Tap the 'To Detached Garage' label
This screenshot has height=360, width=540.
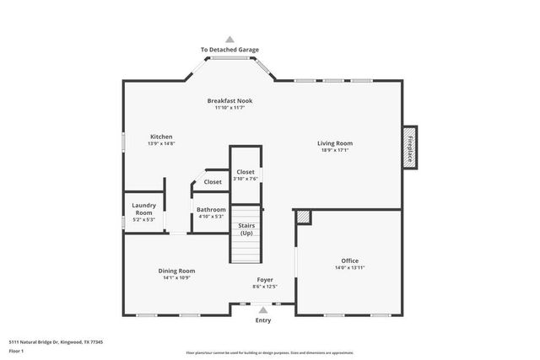tap(229, 51)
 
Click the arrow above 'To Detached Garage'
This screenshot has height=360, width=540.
tap(229, 39)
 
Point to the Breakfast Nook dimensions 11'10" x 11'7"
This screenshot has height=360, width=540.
tap(229, 108)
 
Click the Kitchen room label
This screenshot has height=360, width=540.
tap(161, 137)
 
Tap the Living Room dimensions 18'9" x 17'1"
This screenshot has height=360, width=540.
tap(335, 150)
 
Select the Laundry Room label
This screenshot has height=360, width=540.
tap(144, 209)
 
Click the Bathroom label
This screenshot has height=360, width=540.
tap(211, 209)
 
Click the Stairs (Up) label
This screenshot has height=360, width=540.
tap(246, 229)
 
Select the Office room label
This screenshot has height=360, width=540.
tap(350, 261)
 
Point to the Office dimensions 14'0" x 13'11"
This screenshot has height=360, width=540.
tap(350, 268)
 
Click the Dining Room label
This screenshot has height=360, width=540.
tap(176, 271)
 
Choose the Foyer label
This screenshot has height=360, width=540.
tap(265, 280)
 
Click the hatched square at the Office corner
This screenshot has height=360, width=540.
tap(303, 218)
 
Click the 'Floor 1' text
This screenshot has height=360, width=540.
tap(17, 352)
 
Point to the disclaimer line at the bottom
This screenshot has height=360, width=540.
tap(270, 352)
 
